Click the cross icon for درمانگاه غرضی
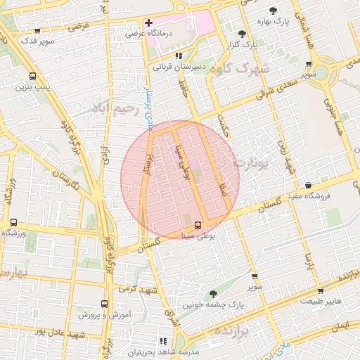[x=148, y=22]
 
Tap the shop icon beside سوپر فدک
[x=36, y=31]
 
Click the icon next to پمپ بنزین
[x=32, y=76]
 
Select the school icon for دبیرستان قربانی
[x=179, y=55]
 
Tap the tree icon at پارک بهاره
[x=273, y=11]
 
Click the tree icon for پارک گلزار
[x=242, y=33]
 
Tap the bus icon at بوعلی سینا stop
[x=198, y=225]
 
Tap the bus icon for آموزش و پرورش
[x=104, y=304]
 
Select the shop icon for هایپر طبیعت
[x=321, y=290]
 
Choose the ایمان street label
[x=342, y=326]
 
